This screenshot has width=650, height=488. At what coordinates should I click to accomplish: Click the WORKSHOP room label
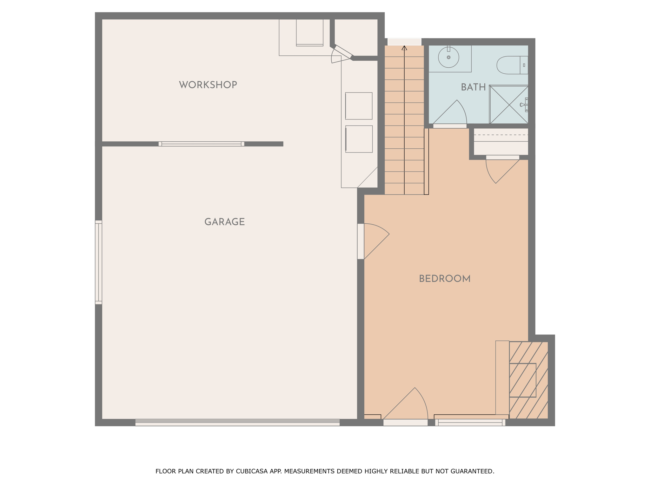[x=208, y=85]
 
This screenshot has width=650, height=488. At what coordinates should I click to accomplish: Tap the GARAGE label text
[x=225, y=222]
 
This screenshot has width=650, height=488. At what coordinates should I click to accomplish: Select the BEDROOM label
[x=445, y=279]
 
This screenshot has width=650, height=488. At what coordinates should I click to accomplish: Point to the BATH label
[x=473, y=87]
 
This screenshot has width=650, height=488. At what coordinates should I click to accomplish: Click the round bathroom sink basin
[x=448, y=57]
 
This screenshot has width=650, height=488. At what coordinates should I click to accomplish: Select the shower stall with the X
[x=509, y=104]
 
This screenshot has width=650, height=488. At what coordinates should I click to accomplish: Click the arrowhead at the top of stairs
[x=404, y=48]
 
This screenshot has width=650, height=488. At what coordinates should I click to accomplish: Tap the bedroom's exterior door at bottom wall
[x=406, y=407]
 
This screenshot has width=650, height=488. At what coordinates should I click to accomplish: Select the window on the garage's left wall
[x=99, y=262]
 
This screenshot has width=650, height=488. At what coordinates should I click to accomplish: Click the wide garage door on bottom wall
[x=237, y=423]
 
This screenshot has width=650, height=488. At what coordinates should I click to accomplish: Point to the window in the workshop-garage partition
[x=201, y=144]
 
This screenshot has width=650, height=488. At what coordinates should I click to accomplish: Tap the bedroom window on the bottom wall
[x=470, y=423]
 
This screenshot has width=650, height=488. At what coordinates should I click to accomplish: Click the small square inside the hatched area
[x=522, y=380]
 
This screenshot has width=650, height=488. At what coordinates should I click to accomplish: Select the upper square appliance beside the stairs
[x=359, y=106]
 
